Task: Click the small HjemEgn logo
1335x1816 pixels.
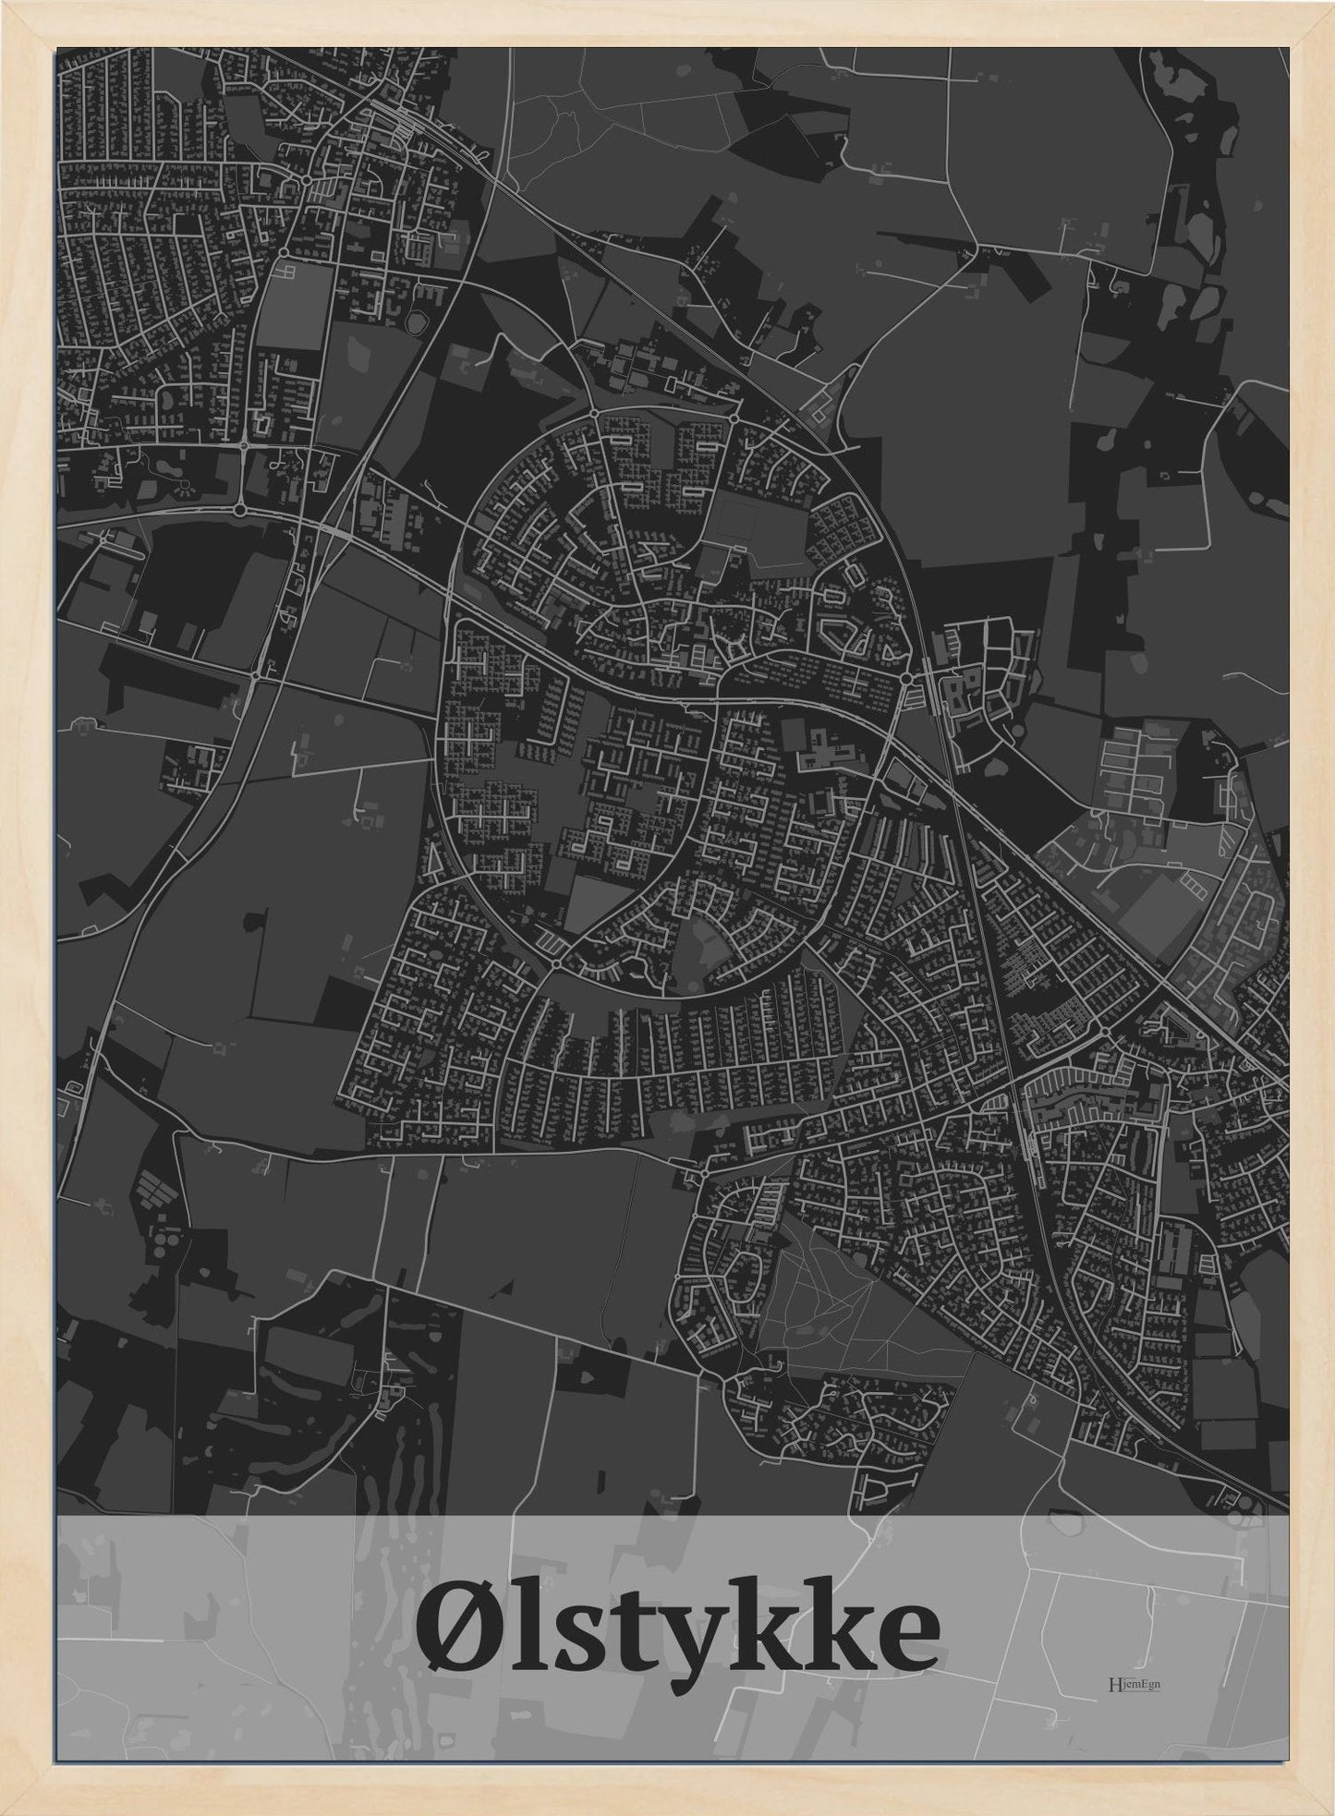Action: pyautogui.click(x=1133, y=1683)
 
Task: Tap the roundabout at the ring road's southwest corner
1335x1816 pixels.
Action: pyautogui.click(x=557, y=963)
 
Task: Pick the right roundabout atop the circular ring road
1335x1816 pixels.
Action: pyautogui.click(x=732, y=418)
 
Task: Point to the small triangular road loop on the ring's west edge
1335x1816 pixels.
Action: pyautogui.click(x=434, y=859)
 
